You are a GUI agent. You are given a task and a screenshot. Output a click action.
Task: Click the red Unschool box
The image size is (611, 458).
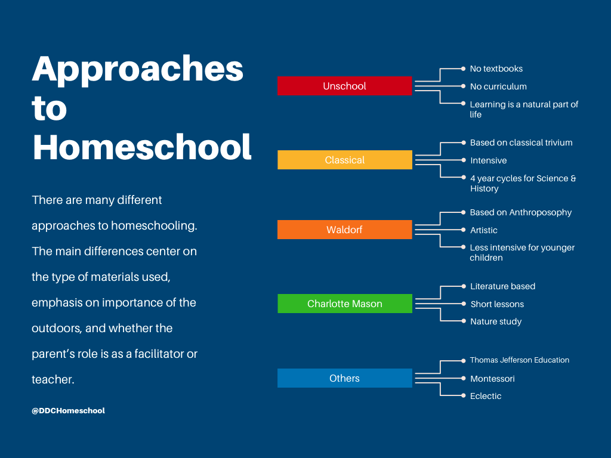tap(344, 86)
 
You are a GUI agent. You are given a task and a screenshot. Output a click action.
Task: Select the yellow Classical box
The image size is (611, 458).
tap(345, 160)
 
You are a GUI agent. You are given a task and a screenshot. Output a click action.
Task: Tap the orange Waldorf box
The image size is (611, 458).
tap(344, 230)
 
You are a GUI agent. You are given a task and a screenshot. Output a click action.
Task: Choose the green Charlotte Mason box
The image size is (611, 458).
tap(345, 304)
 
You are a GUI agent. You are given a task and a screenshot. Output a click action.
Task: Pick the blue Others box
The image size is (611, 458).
tap(344, 377)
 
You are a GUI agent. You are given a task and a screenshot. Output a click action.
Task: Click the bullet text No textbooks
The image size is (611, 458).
tap(496, 69)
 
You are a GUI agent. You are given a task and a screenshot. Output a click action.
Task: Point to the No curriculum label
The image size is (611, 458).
tap(498, 86)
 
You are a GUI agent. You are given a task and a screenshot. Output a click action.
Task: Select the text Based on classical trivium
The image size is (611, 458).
tap(521, 143)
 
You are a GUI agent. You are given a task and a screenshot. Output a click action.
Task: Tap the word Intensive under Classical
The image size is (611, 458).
tap(488, 160)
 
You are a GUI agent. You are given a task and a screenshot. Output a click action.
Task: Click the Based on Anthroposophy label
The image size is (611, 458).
tap(520, 212)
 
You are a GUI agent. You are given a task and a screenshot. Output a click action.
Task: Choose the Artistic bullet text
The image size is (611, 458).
tap(483, 230)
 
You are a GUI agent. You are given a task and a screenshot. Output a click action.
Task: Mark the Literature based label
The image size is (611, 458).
tap(502, 286)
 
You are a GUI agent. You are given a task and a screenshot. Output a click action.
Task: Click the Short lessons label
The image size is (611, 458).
tap(497, 304)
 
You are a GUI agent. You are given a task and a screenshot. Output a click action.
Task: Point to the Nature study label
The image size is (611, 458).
tap(496, 321)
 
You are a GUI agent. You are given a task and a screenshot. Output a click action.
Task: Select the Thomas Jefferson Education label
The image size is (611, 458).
tap(520, 360)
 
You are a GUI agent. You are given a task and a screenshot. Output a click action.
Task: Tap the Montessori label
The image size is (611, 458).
tap(492, 379)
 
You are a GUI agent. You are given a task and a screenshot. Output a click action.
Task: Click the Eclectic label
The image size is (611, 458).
tap(486, 396)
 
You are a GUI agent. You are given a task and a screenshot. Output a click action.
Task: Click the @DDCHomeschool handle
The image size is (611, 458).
tap(68, 410)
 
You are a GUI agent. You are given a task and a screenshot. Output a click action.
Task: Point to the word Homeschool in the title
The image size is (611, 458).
tap(142, 147)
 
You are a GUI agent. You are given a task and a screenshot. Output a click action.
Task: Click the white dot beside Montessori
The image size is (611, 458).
tap(463, 378)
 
